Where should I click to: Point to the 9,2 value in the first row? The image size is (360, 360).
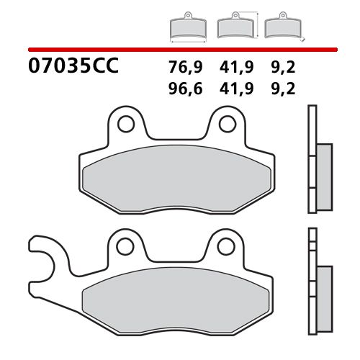click(x=285, y=68)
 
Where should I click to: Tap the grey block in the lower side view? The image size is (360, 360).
click(x=323, y=292)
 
